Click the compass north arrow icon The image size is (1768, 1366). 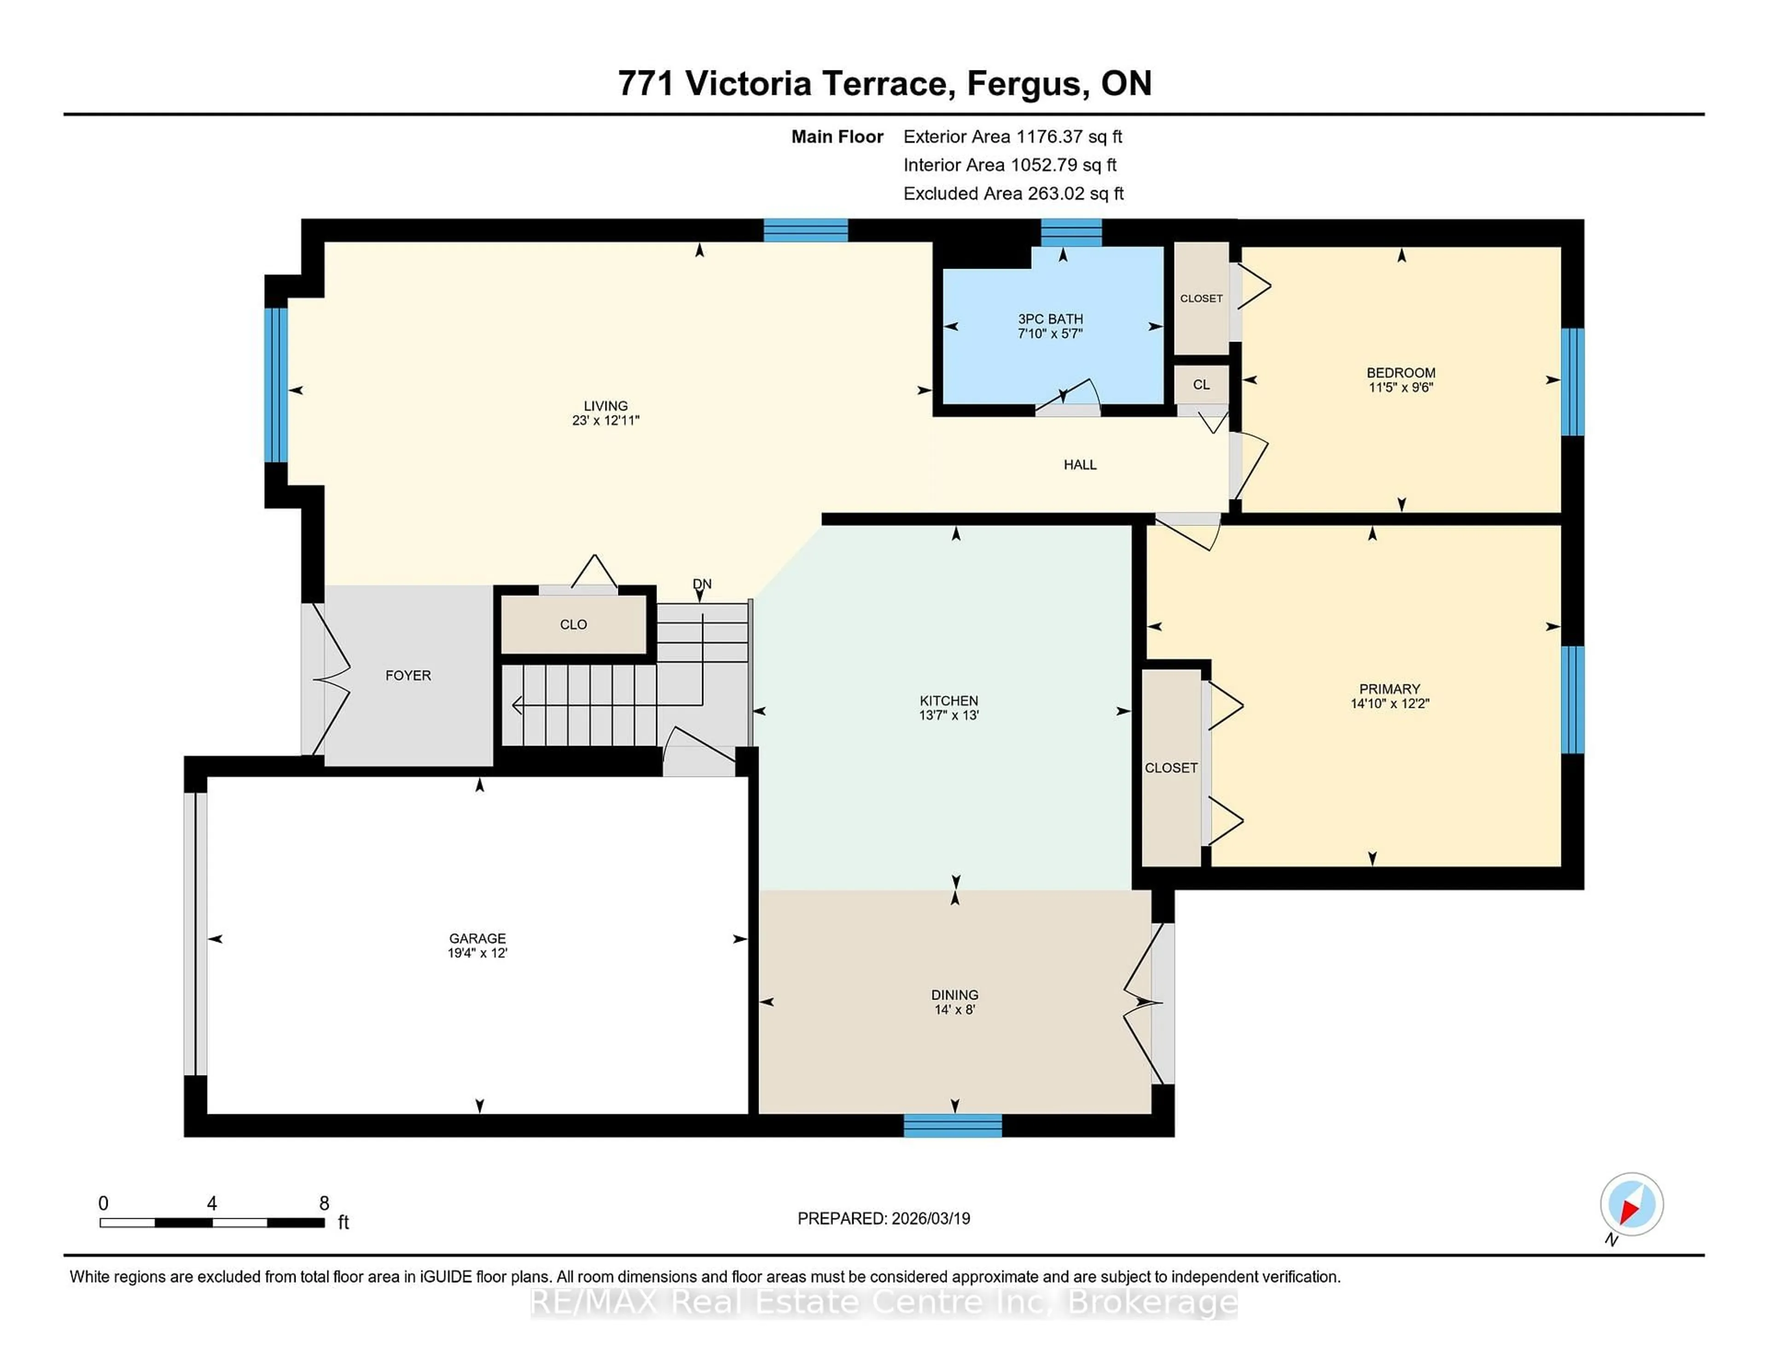click(x=1631, y=1204)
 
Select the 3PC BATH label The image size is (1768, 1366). click(x=1050, y=319)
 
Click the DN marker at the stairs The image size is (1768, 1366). click(x=702, y=584)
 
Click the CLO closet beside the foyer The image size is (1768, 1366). click(x=573, y=625)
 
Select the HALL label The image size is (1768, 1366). click(x=1080, y=464)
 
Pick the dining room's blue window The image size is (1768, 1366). click(x=953, y=1126)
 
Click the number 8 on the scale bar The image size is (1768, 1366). click(x=324, y=1204)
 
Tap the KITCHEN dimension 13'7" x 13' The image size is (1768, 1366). click(x=949, y=715)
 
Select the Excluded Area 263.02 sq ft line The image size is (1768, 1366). click(x=1013, y=193)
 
